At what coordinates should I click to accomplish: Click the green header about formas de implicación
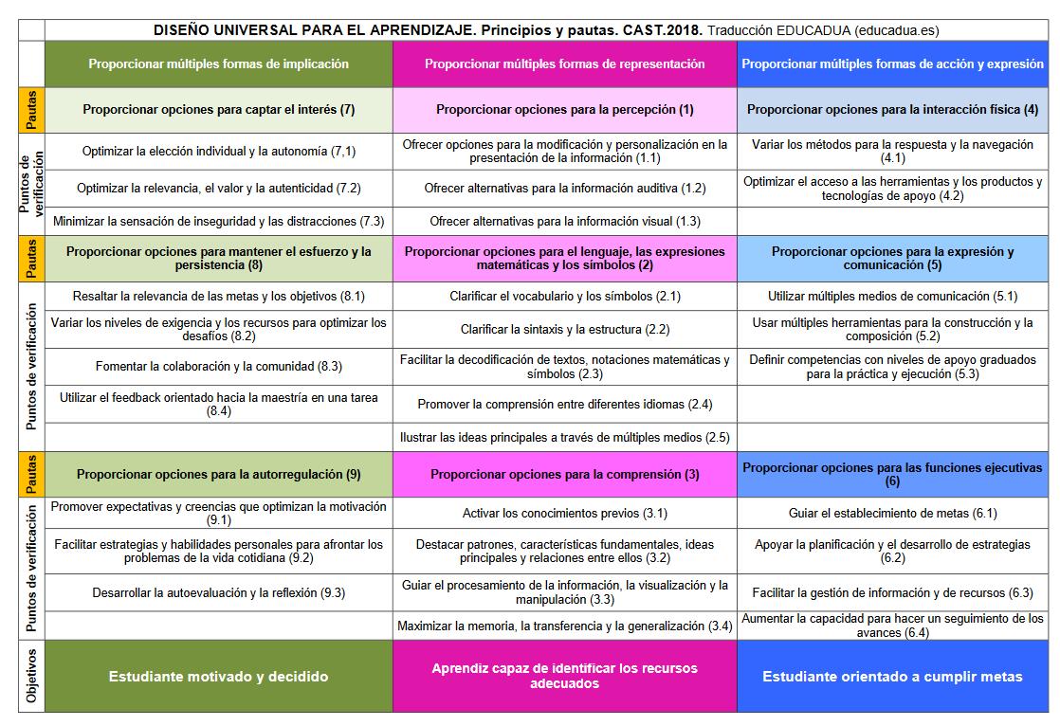218,64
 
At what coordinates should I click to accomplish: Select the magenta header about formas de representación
564,64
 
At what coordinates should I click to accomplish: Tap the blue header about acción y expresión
892,64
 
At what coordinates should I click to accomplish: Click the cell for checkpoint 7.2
218,189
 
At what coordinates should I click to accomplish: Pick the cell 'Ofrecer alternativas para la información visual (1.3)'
564,222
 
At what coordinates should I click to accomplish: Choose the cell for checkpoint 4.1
892,152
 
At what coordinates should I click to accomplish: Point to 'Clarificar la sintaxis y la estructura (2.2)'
564,330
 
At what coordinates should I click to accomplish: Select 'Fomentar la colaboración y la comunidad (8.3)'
218,366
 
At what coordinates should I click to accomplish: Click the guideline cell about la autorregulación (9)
218,474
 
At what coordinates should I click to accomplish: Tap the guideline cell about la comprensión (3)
564,474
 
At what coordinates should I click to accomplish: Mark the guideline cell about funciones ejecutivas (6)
892,474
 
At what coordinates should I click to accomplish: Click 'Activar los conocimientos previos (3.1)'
564,514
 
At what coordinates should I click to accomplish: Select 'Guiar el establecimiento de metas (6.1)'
892,514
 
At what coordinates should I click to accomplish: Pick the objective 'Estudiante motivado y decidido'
218,677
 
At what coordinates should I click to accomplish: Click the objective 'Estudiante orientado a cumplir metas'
892,677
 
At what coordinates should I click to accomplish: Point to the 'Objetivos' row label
31,676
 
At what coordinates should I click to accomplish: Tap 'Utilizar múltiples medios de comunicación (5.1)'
892,297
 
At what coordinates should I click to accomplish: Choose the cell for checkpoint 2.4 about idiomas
564,405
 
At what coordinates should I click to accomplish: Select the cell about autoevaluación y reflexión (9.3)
218,593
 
